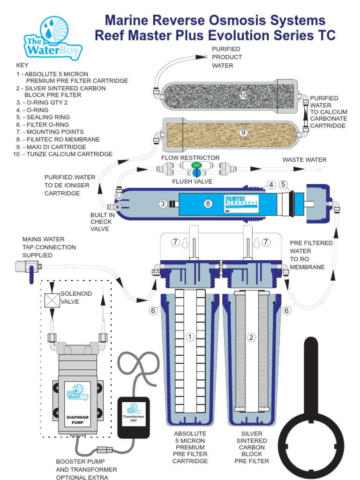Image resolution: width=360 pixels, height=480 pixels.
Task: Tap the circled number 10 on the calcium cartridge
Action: point(243,95)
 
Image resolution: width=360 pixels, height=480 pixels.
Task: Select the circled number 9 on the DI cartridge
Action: point(243,132)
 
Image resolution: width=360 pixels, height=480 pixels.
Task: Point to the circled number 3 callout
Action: point(163,203)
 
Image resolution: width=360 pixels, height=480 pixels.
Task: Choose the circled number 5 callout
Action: point(283,184)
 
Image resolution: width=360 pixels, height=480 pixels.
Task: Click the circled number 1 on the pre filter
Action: point(190,337)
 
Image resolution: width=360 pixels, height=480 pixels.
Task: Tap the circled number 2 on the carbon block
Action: point(251,337)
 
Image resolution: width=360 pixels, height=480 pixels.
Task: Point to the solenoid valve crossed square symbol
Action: point(52,300)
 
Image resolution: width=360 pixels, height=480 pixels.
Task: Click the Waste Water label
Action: point(304,160)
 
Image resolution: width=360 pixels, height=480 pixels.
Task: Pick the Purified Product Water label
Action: point(227,57)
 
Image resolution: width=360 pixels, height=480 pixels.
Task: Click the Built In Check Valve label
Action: point(101,222)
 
